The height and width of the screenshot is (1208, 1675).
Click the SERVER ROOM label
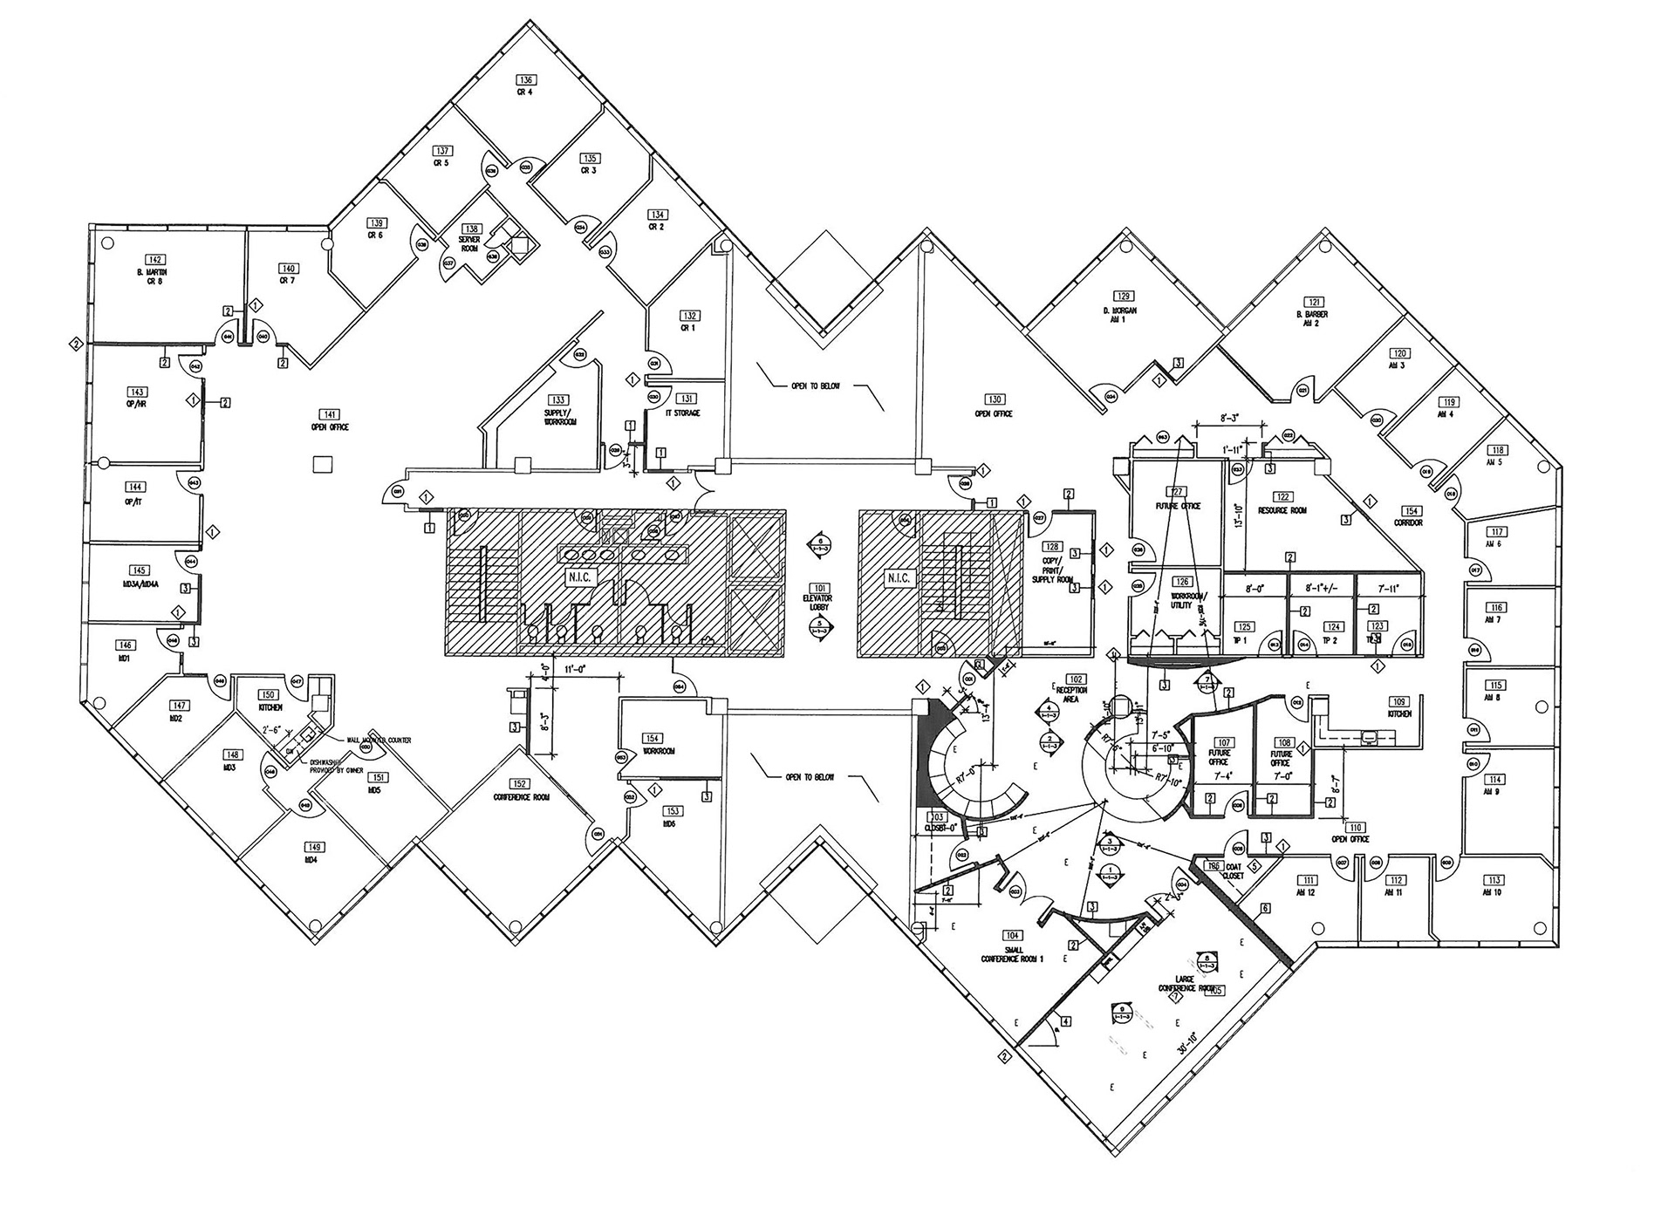coord(469,243)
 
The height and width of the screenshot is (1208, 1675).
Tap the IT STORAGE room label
coord(683,413)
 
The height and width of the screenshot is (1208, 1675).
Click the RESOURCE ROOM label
coord(1282,510)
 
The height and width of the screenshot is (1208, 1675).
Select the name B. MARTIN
coord(156,273)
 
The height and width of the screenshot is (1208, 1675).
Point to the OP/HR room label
coord(136,405)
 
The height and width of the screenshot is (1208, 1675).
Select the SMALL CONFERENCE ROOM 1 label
coord(1012,954)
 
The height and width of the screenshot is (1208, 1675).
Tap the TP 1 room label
coord(1241,640)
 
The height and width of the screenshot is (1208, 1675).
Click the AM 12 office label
coord(1306,892)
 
